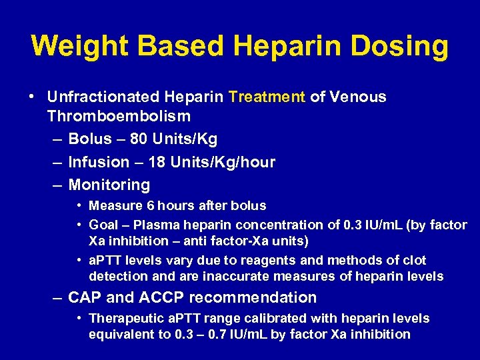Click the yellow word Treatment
click(267, 97)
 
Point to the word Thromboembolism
click(119, 117)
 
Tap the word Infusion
click(99, 163)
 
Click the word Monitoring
click(109, 185)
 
